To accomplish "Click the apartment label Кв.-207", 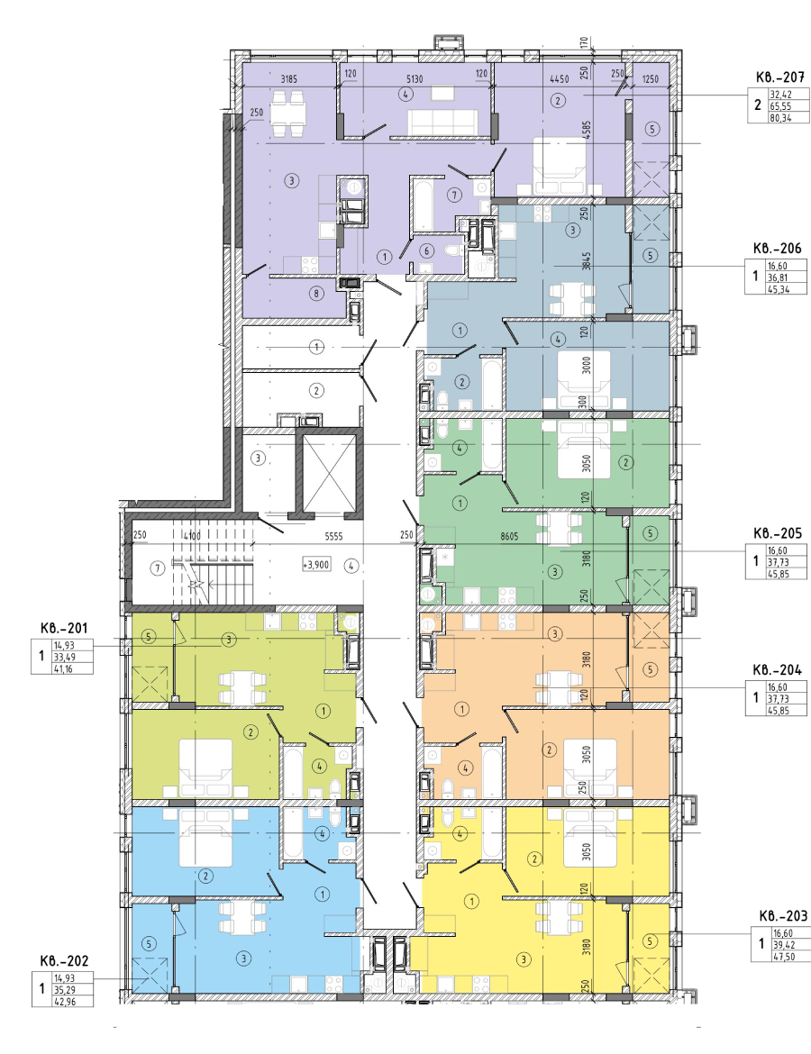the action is (779, 77).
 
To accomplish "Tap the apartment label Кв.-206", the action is (777, 248).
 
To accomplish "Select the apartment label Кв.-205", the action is (777, 533).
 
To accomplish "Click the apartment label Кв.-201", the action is (63, 628).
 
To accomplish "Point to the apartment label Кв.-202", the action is (63, 961).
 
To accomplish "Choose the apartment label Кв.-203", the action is (783, 916).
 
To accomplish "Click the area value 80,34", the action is (780, 118).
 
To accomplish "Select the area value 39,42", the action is (783, 945).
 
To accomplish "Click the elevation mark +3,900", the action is (316, 565).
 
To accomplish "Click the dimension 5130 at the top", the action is (415, 78).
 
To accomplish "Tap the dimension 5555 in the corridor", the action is (334, 536).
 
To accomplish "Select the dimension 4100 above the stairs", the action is (193, 536).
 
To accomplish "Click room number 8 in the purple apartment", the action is (316, 293).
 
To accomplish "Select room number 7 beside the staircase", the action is (158, 568).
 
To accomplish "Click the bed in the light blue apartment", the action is (206, 838).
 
